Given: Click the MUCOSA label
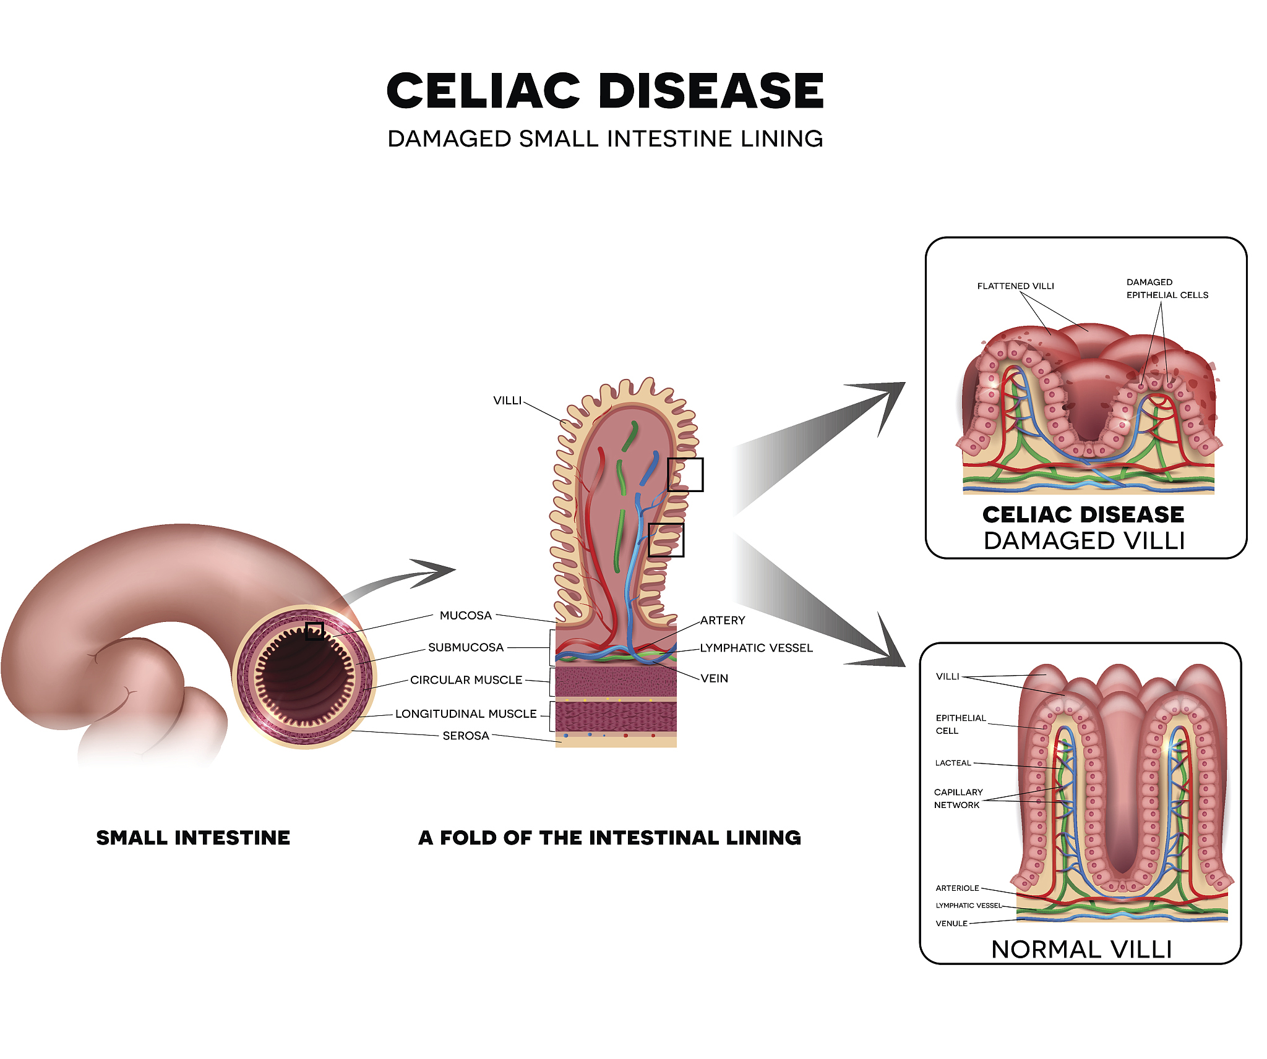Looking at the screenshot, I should pos(465,616).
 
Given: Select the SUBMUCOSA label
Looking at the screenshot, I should pos(466,647).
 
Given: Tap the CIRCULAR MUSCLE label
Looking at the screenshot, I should pos(466,680).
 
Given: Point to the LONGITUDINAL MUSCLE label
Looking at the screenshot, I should pos(466,713).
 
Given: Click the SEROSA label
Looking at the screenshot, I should pos(466,736).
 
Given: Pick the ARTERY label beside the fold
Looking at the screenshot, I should pos(723,621).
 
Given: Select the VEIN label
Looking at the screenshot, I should pos(714,678).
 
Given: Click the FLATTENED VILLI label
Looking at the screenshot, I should pos(1015,286).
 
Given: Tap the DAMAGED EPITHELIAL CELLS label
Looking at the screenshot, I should pos(1167,289).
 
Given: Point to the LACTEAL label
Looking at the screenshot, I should pos(953,763).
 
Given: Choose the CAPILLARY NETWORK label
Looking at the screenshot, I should pos(958,798).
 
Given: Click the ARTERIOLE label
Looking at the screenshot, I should pos(957,888).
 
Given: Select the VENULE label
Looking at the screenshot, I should pos(951,924).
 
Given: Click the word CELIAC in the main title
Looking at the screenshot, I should pos(483,91).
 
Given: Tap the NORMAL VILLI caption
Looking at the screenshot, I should pos(1081,950).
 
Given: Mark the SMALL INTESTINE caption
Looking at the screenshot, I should pos(193,838).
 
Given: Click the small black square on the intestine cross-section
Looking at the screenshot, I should pos(314,631).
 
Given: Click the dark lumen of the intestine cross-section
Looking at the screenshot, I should pos(304,676).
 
